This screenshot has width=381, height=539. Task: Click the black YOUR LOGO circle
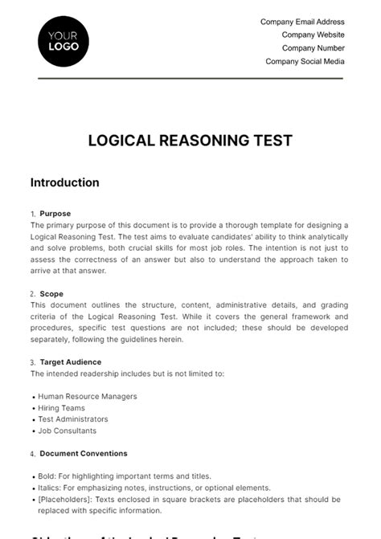point(63,40)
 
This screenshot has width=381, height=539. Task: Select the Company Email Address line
point(302,22)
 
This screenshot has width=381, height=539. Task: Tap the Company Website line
point(313,35)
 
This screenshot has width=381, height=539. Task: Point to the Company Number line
point(313,48)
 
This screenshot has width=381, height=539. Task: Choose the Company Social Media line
point(305,61)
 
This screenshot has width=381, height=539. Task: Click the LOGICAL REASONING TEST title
point(190,141)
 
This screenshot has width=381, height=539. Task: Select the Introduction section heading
point(65,182)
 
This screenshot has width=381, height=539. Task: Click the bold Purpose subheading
point(55,214)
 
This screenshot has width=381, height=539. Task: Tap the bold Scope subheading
point(51,294)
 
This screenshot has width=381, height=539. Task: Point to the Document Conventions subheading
point(83,454)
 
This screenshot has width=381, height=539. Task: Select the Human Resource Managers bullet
point(88,396)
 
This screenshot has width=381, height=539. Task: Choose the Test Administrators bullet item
point(73,419)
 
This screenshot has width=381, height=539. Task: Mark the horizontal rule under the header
point(190,78)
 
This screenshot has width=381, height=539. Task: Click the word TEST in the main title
point(272,141)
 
